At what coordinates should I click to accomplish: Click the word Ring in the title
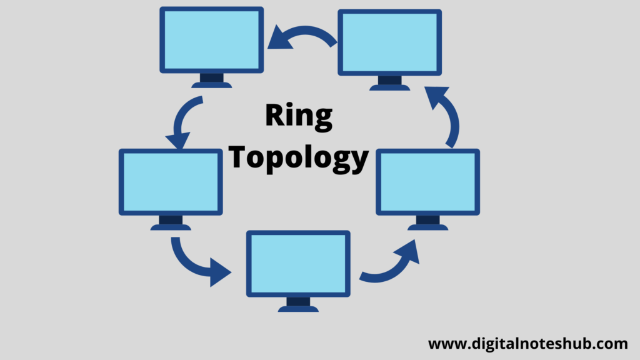click(x=299, y=116)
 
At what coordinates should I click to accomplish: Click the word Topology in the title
click(x=298, y=158)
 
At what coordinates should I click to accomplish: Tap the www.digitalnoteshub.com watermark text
click(x=527, y=344)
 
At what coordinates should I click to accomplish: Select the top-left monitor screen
click(x=211, y=40)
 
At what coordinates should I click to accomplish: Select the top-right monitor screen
click(x=390, y=42)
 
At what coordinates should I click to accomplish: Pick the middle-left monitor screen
click(x=171, y=182)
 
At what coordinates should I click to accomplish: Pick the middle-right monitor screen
click(x=427, y=182)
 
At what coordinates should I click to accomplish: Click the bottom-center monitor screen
click(x=298, y=264)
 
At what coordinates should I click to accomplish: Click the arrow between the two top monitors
click(x=305, y=30)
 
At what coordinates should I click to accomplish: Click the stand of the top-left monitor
click(x=211, y=81)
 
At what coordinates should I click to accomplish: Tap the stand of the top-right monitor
click(x=390, y=83)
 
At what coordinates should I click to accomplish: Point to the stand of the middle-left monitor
click(x=171, y=223)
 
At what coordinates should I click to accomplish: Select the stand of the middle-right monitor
click(x=427, y=223)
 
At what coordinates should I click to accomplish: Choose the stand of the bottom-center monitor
click(x=298, y=304)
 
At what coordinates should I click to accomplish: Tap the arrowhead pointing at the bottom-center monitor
click(x=219, y=272)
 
